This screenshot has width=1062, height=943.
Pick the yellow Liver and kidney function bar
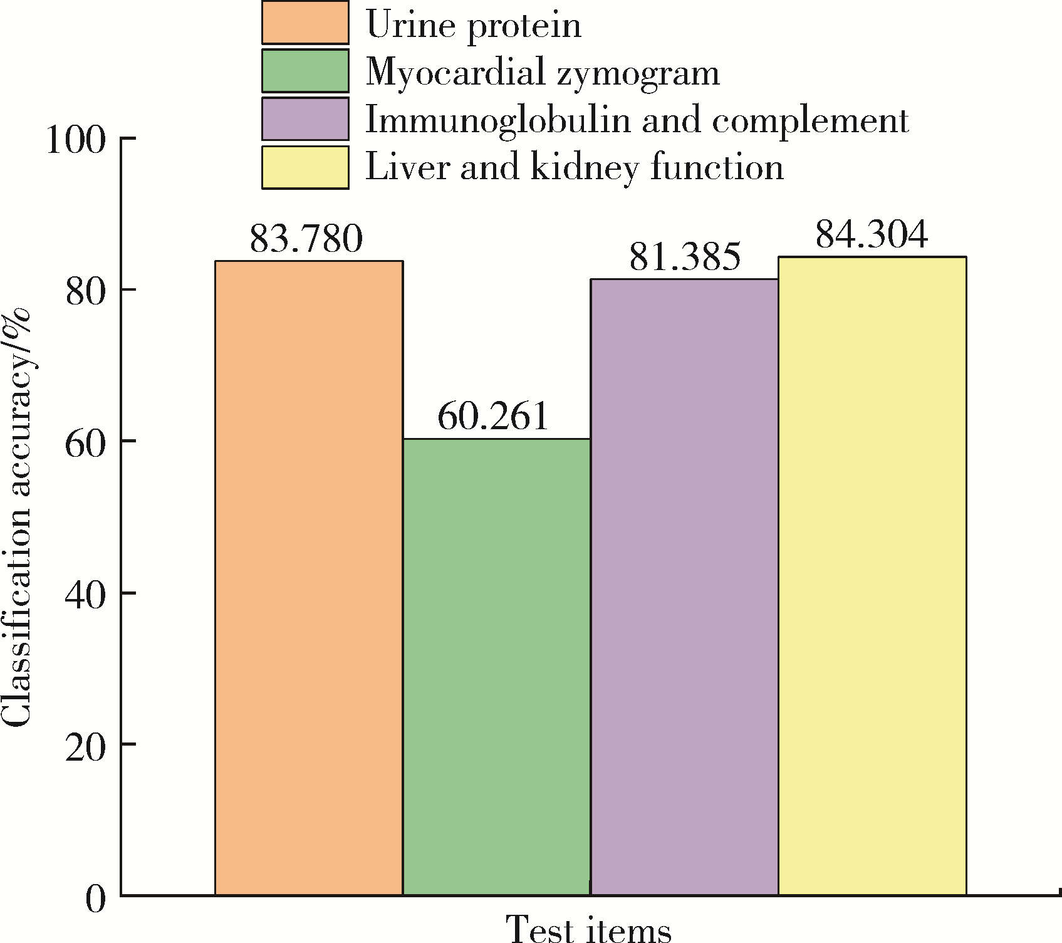pos(872,575)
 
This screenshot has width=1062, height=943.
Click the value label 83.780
pos(306,239)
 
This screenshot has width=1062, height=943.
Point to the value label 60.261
pos(493,416)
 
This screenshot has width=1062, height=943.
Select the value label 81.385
pos(685,256)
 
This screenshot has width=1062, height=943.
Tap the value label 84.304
pos(871,234)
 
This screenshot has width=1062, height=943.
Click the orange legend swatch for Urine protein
pos(305,23)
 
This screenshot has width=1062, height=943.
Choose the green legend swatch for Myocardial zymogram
pos(305,71)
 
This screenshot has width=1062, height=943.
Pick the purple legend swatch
pos(305,118)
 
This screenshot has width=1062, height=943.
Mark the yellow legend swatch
pos(305,167)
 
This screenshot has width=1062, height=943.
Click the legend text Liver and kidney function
pos(574,167)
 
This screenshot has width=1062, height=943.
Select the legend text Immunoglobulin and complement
pos(637,119)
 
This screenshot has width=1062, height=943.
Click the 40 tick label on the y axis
pos(85,593)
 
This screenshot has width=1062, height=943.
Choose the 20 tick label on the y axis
pos(85,745)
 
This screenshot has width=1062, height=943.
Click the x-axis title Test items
pos(588,928)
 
